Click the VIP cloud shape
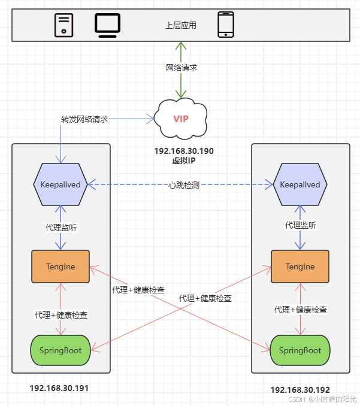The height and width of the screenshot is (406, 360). pyautogui.click(x=180, y=118)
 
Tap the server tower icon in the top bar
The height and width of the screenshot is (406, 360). pyautogui.click(x=64, y=25)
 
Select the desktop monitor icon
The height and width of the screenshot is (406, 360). pyautogui.click(x=108, y=25)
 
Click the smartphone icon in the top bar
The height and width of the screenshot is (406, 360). pyautogui.click(x=225, y=25)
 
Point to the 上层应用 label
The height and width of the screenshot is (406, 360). pyautogui.click(x=180, y=26)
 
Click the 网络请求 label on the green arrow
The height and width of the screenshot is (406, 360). pyautogui.click(x=181, y=68)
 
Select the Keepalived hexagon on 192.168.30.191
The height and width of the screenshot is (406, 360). pyautogui.click(x=60, y=184)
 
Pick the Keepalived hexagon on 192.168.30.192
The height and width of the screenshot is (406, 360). pyautogui.click(x=300, y=184)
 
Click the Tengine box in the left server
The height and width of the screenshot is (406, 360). pyautogui.click(x=60, y=266)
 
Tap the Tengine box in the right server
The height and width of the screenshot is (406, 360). pyautogui.click(x=300, y=266)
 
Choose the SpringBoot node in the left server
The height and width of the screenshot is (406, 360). pyautogui.click(x=60, y=350)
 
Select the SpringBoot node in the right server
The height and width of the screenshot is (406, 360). pyautogui.click(x=300, y=350)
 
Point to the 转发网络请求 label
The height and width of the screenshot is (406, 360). pyautogui.click(x=84, y=119)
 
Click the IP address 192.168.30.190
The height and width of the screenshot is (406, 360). pyautogui.click(x=184, y=152)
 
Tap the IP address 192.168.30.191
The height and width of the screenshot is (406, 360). pyautogui.click(x=59, y=388)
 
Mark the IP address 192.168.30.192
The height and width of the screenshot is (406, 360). pyautogui.click(x=300, y=390)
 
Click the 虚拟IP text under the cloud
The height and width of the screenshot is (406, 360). pyautogui.click(x=184, y=160)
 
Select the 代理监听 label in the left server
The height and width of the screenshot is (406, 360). pyautogui.click(x=61, y=228)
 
